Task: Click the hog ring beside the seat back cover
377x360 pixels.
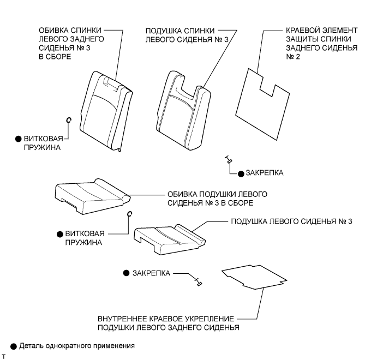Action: tap(69, 121)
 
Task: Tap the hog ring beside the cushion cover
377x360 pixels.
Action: tap(129, 215)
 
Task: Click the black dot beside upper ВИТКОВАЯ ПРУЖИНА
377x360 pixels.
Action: tap(18, 139)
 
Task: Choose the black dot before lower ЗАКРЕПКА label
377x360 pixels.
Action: tap(126, 272)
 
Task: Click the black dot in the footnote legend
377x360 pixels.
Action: tap(13, 345)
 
